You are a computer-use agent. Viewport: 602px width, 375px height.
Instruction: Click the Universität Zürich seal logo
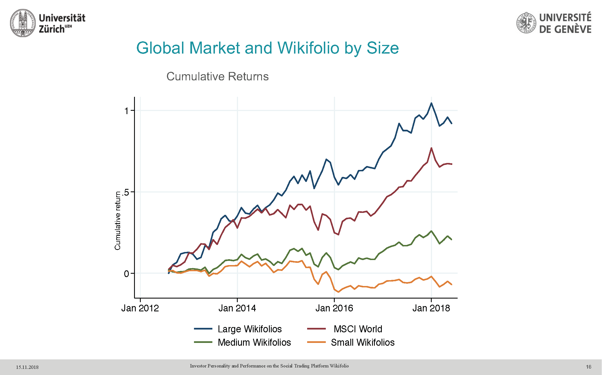point(23,23)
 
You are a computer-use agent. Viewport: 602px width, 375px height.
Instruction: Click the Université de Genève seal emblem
point(526,23)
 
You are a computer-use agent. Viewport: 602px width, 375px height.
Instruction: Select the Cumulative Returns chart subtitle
point(217,76)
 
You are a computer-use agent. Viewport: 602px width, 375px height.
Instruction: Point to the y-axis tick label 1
point(127,111)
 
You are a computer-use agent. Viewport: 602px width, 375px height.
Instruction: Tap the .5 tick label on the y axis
point(126,192)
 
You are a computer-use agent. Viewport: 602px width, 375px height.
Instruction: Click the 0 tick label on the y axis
point(127,274)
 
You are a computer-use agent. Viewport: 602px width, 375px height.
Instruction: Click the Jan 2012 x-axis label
point(140,308)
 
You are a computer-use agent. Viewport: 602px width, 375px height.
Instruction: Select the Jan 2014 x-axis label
point(237,308)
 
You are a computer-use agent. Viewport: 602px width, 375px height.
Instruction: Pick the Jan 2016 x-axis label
point(334,308)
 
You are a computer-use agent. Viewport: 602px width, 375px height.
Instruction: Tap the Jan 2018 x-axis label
point(431,308)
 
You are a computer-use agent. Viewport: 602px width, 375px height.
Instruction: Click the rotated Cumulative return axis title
point(118,220)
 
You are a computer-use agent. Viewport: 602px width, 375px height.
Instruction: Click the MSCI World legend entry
point(358,329)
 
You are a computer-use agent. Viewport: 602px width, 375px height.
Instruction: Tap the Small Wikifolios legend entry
point(363,342)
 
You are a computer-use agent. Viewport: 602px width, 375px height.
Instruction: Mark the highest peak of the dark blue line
point(431,103)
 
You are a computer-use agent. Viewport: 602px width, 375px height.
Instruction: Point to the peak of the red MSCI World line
point(431,148)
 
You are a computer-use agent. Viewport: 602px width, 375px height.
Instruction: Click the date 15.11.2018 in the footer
point(27,367)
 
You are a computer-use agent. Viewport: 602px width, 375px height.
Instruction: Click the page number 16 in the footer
point(588,367)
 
